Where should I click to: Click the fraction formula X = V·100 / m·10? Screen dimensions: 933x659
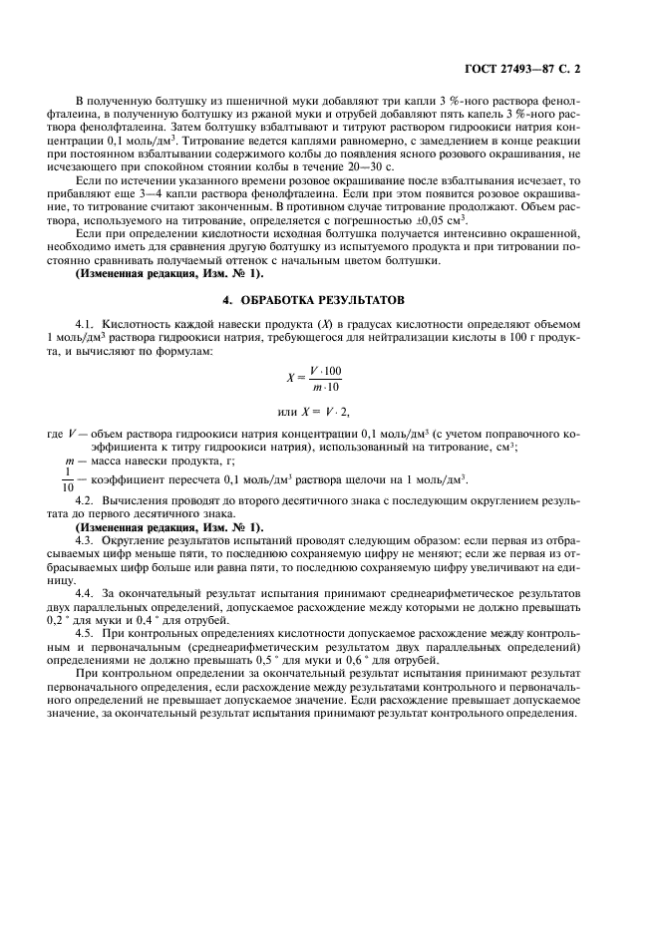pos(314,379)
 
